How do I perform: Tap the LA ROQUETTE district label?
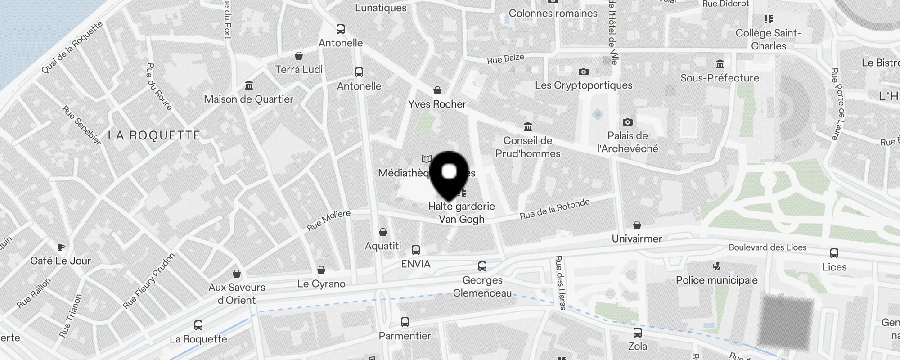(x=154, y=135)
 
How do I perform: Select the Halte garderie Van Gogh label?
(x=462, y=212)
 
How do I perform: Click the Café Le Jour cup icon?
(x=61, y=247)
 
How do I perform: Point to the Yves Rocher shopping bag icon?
(x=437, y=90)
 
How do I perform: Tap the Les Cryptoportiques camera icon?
(x=583, y=72)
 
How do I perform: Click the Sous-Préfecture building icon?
(x=720, y=64)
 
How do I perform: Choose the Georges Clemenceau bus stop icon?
(x=482, y=266)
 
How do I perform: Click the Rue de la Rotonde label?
(x=554, y=209)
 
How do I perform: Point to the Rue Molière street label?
(x=328, y=220)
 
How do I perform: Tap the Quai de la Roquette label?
(x=72, y=47)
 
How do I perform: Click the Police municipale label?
(x=716, y=280)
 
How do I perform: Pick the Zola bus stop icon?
(x=637, y=333)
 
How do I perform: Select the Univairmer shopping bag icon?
(x=637, y=225)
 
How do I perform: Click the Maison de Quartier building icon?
(x=248, y=85)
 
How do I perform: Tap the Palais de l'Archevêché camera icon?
(x=627, y=122)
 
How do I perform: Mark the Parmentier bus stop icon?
(x=405, y=322)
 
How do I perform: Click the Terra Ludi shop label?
(x=299, y=69)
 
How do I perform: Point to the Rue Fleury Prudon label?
(x=148, y=281)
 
